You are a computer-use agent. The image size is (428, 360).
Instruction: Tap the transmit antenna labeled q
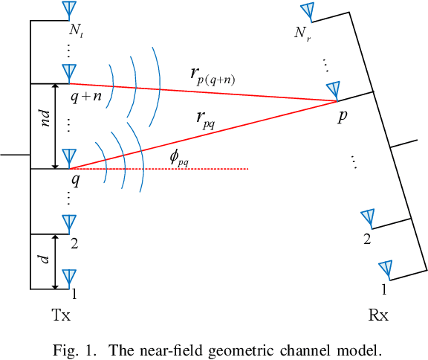tap(68, 158)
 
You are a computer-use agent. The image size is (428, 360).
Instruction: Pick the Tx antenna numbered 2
tap(68, 222)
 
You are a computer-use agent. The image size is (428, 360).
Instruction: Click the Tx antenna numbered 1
tap(68, 278)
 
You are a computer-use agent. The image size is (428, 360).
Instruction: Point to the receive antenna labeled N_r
tap(307, 13)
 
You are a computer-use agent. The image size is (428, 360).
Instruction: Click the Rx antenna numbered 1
tap(385, 269)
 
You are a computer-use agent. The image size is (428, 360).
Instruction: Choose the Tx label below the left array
tap(61, 315)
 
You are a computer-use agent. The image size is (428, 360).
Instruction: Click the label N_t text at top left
tap(76, 32)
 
